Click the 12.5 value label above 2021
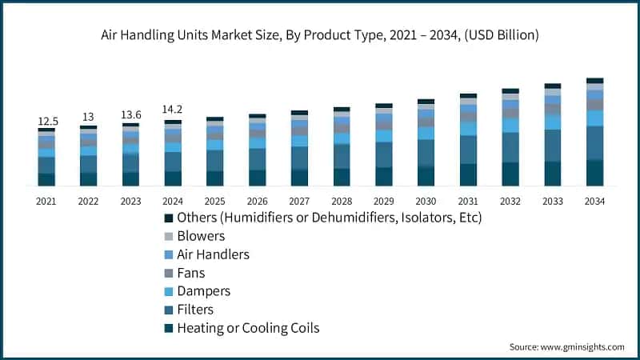click(x=46, y=121)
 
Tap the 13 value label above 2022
click(x=88, y=118)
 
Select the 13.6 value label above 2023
click(x=130, y=114)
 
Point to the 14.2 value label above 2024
click(x=173, y=110)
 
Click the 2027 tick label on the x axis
click(x=299, y=202)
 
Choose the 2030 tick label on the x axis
click(x=426, y=202)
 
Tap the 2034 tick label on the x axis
click(x=594, y=202)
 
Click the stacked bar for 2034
click(x=594, y=132)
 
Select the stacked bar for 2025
click(x=214, y=152)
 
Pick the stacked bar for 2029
click(x=384, y=145)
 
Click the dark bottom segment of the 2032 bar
click(x=510, y=174)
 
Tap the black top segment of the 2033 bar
click(x=553, y=86)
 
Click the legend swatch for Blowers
click(x=169, y=236)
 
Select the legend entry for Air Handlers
click(x=213, y=254)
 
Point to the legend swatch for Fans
click(x=169, y=273)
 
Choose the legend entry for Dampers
click(x=203, y=291)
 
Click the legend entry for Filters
click(x=195, y=310)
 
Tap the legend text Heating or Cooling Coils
click(x=248, y=328)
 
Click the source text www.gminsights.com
click(x=582, y=346)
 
